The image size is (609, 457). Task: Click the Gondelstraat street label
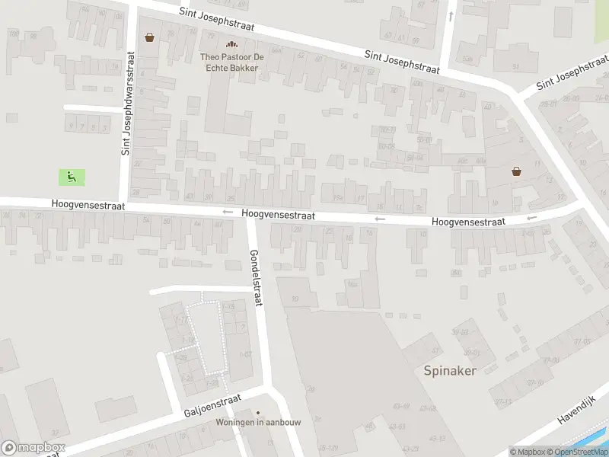point(256,277)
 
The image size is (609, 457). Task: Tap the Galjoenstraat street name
point(212,406)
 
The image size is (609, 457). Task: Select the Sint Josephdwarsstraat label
point(127,104)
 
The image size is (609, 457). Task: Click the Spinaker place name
point(450,371)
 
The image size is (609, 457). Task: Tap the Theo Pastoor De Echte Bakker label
point(229,62)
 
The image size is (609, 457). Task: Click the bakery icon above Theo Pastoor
point(229,44)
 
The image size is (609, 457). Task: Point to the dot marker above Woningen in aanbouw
point(257,412)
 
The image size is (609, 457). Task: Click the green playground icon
point(72,177)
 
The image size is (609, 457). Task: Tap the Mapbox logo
point(33,448)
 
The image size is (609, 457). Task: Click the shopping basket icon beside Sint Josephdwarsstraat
point(150,37)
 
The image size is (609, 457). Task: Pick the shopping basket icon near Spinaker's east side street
point(517,171)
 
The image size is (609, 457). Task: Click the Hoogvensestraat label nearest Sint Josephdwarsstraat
point(88,206)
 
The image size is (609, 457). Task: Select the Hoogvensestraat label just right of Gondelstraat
point(279,216)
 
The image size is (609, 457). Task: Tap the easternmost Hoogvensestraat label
point(468,222)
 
